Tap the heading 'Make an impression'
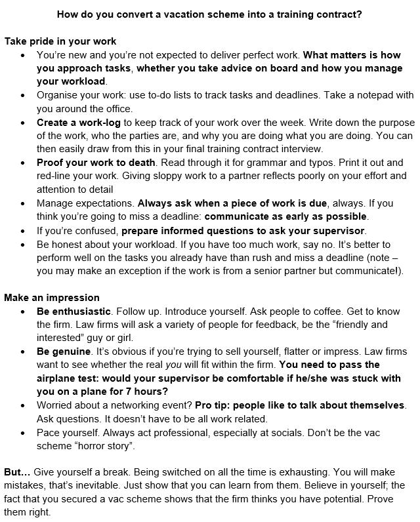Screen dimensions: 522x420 click(52, 297)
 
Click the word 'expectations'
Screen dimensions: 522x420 click(106, 203)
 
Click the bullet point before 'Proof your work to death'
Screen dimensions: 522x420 click(24, 163)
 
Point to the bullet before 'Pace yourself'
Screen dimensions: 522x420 click(24, 433)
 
